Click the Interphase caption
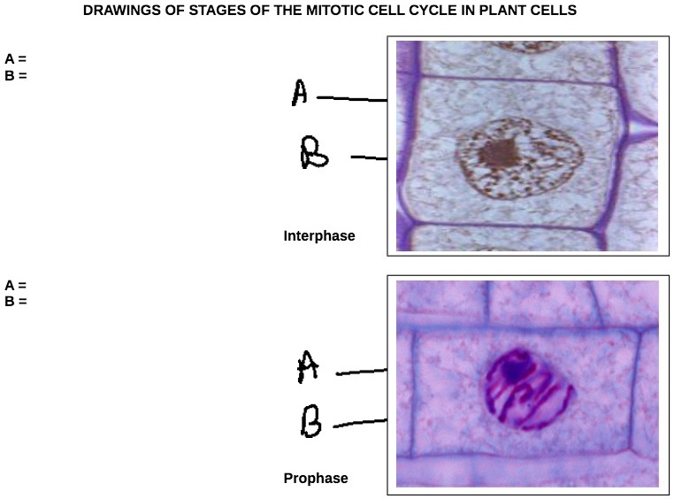(x=319, y=236)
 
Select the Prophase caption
(x=316, y=479)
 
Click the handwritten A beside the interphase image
(x=301, y=92)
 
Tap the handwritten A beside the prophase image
(x=308, y=367)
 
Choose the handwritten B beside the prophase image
(x=310, y=423)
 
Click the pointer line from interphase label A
(x=352, y=99)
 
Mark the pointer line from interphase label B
(x=369, y=158)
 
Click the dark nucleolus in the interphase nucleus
(x=497, y=154)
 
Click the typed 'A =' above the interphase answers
(x=16, y=60)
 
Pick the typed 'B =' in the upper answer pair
(x=16, y=75)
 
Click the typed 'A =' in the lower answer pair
(x=16, y=286)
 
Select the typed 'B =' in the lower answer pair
(x=16, y=301)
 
